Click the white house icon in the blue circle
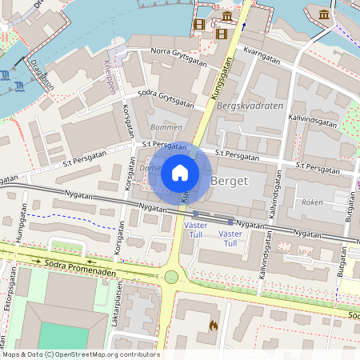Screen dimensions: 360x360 click(180, 172)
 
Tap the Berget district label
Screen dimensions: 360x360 click(229, 182)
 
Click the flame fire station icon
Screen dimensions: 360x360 click(213, 326)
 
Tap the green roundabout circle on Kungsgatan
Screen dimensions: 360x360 click(170, 277)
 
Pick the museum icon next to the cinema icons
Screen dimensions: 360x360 click(228, 17)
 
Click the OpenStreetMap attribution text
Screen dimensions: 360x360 click(81, 354)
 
